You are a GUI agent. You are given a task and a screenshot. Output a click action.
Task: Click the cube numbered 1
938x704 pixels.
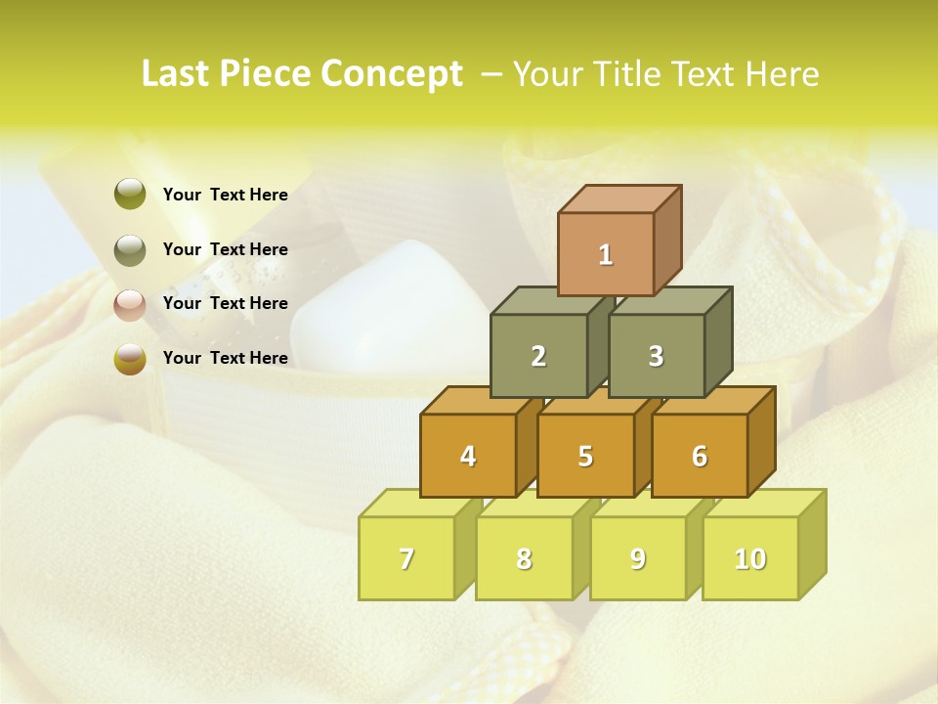tap(606, 254)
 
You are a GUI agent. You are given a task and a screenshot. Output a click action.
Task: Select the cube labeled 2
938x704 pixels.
tap(538, 356)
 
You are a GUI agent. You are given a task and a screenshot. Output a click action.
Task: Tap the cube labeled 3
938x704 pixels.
tap(656, 356)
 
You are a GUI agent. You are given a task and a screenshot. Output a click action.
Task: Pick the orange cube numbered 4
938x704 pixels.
tap(468, 456)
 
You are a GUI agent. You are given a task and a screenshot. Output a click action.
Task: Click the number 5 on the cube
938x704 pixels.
tap(585, 456)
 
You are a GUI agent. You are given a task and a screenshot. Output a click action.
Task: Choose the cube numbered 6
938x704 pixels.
tap(700, 456)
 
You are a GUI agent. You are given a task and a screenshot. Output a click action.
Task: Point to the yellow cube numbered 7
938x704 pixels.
tap(406, 558)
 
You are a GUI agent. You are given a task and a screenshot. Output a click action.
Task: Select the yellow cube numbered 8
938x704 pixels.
tap(524, 558)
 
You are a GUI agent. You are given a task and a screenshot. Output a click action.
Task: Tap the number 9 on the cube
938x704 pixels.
tap(637, 558)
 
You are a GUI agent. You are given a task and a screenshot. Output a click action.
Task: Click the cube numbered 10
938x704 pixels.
tap(749, 558)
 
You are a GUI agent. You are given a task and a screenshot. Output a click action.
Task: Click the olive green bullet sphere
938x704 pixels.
tap(130, 195)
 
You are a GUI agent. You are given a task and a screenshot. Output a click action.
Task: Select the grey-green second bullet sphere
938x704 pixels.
tap(130, 250)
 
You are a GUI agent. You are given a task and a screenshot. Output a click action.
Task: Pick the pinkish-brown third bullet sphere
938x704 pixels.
tap(130, 304)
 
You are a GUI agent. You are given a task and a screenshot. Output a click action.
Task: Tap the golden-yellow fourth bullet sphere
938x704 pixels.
tap(130, 359)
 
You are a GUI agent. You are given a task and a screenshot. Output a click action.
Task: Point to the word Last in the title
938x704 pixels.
tap(178, 74)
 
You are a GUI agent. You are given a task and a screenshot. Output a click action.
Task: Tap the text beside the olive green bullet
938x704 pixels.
tap(225, 195)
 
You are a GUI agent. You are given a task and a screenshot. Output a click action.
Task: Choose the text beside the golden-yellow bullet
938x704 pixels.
tap(225, 358)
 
